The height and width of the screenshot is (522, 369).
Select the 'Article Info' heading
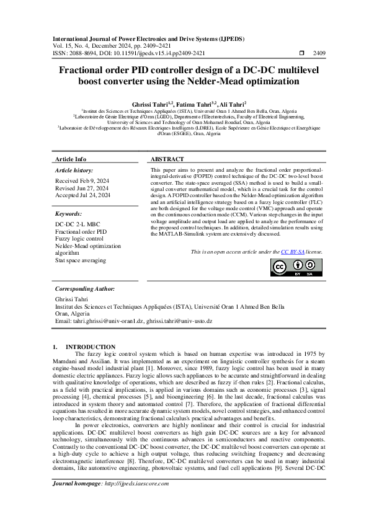coord(71,159)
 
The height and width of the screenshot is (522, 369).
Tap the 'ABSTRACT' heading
coord(168,159)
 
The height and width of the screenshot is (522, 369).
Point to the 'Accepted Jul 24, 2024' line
coord(82,195)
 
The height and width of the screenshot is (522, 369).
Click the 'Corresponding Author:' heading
coord(84,289)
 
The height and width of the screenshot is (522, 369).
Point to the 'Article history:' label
coord(74,169)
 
